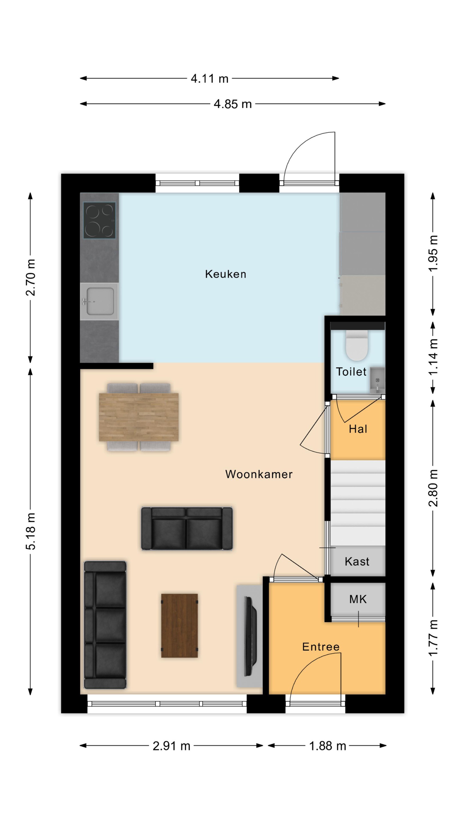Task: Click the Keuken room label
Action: click(x=225, y=274)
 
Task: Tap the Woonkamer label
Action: click(x=259, y=474)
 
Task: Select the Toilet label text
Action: click(x=351, y=372)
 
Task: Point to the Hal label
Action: click(x=358, y=429)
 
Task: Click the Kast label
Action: click(x=357, y=561)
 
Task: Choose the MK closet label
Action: click(x=358, y=599)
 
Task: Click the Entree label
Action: click(x=321, y=647)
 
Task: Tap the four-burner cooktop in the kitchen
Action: click(x=99, y=220)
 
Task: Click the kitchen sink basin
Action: click(x=100, y=301)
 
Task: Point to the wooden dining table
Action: click(x=139, y=417)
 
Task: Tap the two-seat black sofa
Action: click(x=187, y=528)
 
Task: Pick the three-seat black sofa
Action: click(x=105, y=625)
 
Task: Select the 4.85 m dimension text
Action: click(x=233, y=104)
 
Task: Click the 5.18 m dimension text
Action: click(x=31, y=531)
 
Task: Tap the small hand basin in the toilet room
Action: click(x=377, y=380)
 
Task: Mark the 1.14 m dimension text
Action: click(x=433, y=357)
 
